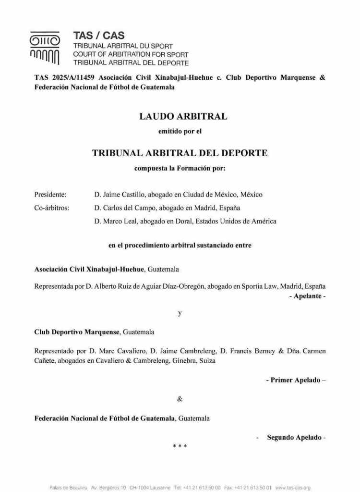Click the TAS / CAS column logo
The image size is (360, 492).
45,49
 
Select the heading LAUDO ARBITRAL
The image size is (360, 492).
183,116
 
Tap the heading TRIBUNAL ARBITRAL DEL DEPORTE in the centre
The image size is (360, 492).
180,153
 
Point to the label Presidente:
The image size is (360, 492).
50,195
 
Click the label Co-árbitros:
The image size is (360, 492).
52,208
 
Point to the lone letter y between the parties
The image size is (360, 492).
180,314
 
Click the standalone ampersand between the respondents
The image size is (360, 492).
180,399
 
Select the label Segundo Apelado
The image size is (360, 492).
294,438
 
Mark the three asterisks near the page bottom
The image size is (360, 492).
180,446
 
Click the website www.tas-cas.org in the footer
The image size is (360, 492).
293,487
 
